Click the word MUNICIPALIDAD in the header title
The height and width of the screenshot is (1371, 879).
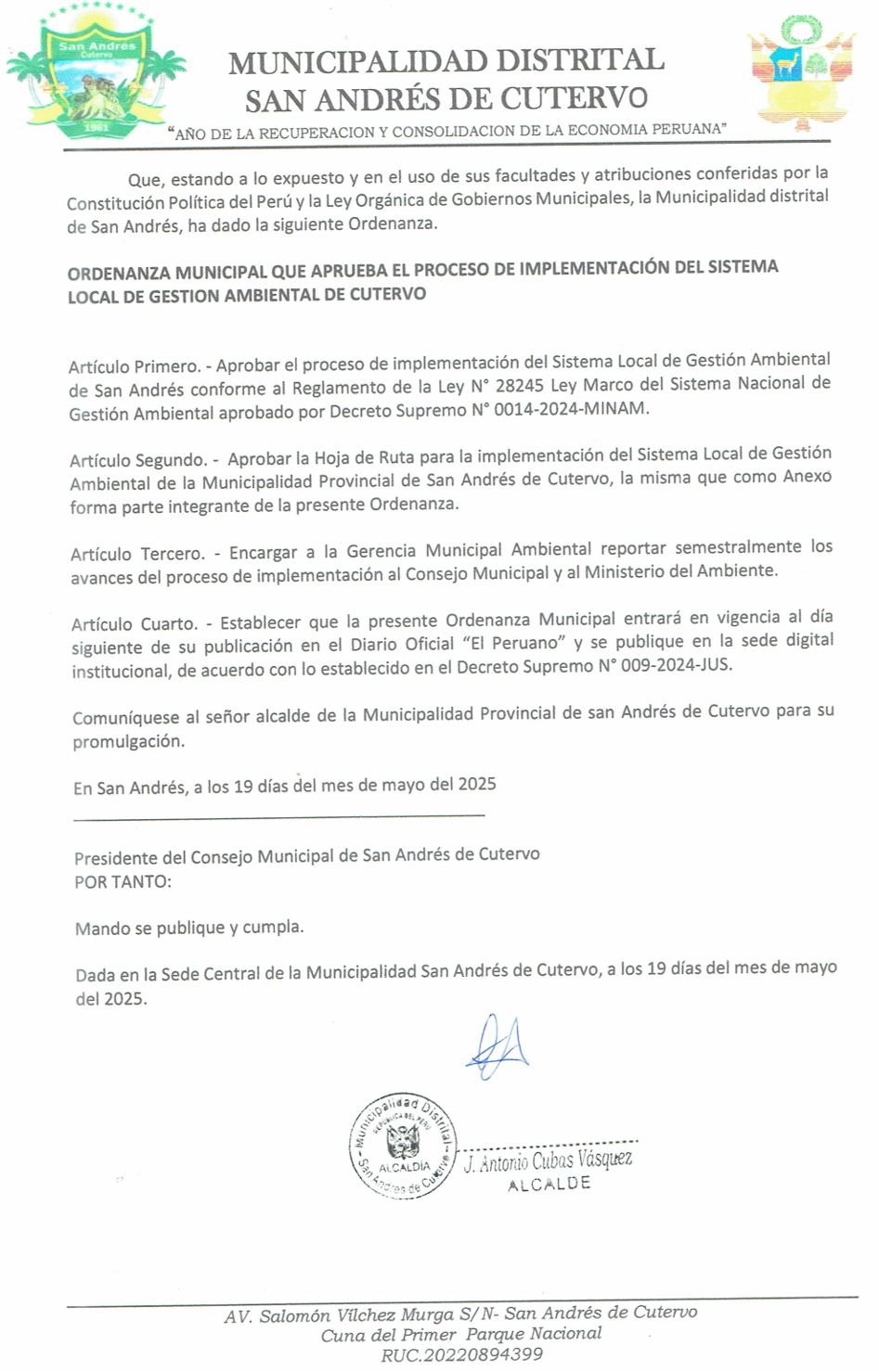357,62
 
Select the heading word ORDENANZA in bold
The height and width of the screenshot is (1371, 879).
118,274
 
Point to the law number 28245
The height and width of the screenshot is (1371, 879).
521,385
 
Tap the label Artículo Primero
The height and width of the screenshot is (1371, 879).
134,366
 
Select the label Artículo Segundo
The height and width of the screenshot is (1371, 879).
138,460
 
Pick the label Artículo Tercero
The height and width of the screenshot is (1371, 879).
137,554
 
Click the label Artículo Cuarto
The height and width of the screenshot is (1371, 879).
134,624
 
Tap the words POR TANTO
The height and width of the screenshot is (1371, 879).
123,882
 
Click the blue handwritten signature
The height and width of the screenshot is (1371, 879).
498,1046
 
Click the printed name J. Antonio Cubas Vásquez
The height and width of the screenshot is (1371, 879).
548,1160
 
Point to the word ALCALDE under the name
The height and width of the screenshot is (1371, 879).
549,1185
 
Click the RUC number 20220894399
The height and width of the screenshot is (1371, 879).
461,1355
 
